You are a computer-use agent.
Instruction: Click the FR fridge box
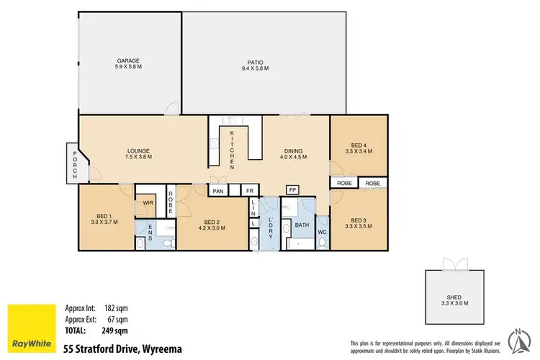tap(249, 192)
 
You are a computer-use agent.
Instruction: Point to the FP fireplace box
tap(292, 190)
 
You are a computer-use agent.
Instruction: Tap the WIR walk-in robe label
tap(147, 204)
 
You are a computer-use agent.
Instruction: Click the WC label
tap(322, 232)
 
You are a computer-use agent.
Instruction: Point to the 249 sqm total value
tap(115, 330)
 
